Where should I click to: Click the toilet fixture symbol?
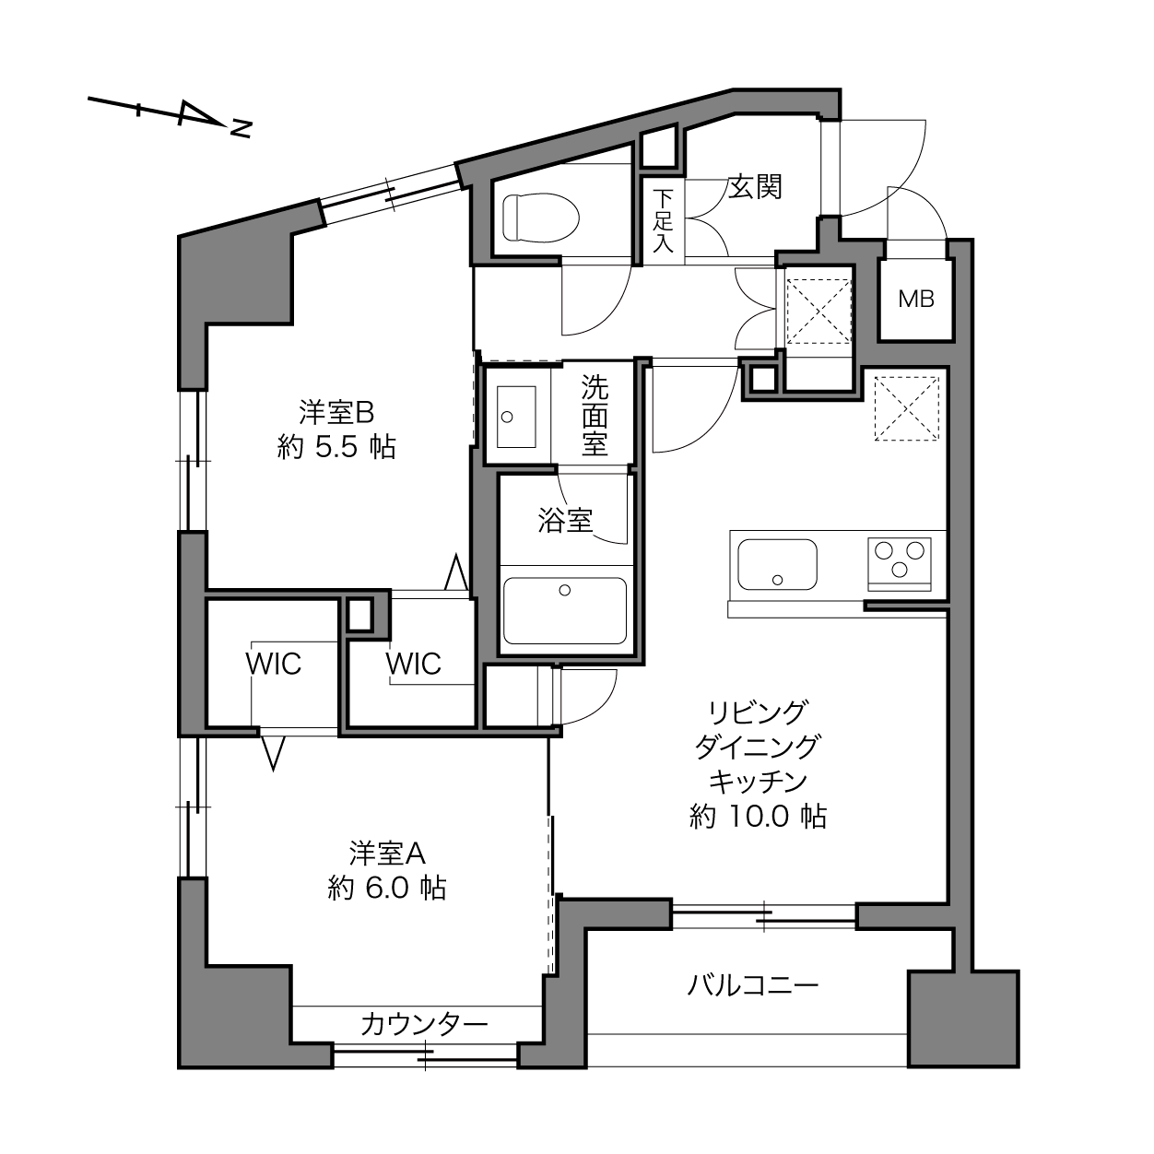541,217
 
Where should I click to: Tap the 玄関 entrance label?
755,187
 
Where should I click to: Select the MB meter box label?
916,299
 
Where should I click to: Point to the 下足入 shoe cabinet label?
663,221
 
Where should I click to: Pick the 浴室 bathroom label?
565,521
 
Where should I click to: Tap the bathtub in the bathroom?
565,609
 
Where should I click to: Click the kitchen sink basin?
777,564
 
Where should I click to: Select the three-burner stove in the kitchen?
899,564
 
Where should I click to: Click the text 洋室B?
336,412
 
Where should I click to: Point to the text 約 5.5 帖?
336,447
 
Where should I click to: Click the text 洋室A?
387,854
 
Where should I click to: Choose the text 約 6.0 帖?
387,889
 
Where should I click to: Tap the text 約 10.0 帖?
759,817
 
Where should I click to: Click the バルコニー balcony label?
753,985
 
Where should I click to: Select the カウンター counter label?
424,1025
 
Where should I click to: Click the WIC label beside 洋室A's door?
273,664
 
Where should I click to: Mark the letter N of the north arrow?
241,129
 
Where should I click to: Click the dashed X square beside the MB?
818,312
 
